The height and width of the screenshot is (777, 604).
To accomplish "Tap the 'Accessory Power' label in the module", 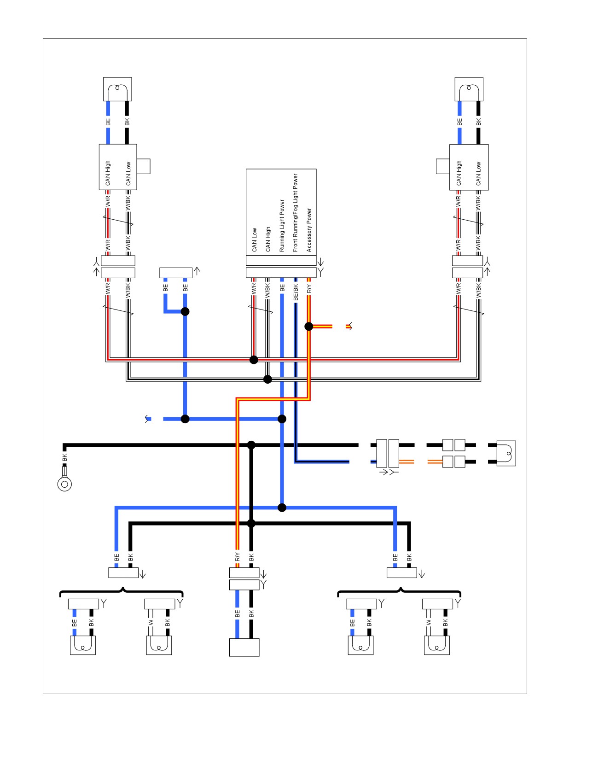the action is pyautogui.click(x=309, y=230).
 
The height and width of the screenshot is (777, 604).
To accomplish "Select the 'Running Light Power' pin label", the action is pyautogui.click(x=282, y=226).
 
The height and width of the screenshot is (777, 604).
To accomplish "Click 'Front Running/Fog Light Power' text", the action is pyautogui.click(x=296, y=213).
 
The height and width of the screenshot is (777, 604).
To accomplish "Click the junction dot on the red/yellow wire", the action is pyautogui.click(x=309, y=326).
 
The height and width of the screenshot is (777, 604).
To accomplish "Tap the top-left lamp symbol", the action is pyautogui.click(x=117, y=89).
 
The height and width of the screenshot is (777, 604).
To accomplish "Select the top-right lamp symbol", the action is pyautogui.click(x=469, y=89).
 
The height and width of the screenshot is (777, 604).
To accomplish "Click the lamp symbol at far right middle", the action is pyautogui.click(x=506, y=453).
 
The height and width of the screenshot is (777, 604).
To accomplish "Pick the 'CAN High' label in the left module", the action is pyautogui.click(x=108, y=173).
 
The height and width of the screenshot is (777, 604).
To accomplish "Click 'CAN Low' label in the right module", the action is pyautogui.click(x=479, y=174).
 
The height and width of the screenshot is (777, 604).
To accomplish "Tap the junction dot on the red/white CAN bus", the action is pyautogui.click(x=254, y=360).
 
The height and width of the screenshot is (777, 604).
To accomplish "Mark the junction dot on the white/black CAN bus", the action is pyautogui.click(x=267, y=380).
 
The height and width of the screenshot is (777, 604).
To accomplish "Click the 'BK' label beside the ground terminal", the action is pyautogui.click(x=64, y=457).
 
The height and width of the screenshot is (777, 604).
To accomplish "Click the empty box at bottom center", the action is pyautogui.click(x=244, y=647).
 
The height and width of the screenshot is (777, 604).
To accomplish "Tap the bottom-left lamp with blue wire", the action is pyautogui.click(x=83, y=645).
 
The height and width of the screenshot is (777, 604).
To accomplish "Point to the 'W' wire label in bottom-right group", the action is pyautogui.click(x=429, y=622).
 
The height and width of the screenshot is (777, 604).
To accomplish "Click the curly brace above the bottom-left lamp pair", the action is pyautogui.click(x=122, y=591).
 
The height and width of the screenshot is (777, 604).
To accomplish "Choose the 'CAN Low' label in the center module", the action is pyautogui.click(x=255, y=240).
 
